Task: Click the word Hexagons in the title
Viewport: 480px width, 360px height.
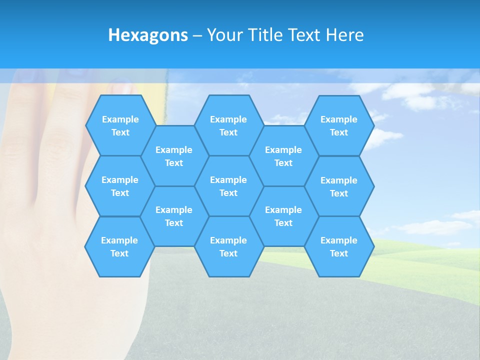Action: coord(148,35)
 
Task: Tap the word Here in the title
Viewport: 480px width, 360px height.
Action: coord(344,35)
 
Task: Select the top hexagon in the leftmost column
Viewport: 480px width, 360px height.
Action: coord(120,125)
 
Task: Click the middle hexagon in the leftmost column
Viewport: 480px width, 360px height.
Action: coord(120,186)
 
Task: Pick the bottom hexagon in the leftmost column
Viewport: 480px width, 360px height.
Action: coord(119,246)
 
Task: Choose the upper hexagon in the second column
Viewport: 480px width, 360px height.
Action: coord(174,156)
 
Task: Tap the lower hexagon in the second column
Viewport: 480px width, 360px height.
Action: coord(174,216)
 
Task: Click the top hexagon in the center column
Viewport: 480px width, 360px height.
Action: coord(228,125)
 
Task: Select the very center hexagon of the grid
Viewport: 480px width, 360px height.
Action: coord(228,186)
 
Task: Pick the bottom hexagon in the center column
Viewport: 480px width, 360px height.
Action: coord(228,246)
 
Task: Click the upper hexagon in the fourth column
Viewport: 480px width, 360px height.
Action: coord(283,156)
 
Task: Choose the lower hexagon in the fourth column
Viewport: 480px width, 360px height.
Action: coord(283,216)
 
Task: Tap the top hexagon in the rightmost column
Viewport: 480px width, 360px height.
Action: coord(339,125)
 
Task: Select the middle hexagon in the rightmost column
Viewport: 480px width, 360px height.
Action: coord(339,186)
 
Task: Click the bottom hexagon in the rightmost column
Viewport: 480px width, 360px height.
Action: coord(339,246)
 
